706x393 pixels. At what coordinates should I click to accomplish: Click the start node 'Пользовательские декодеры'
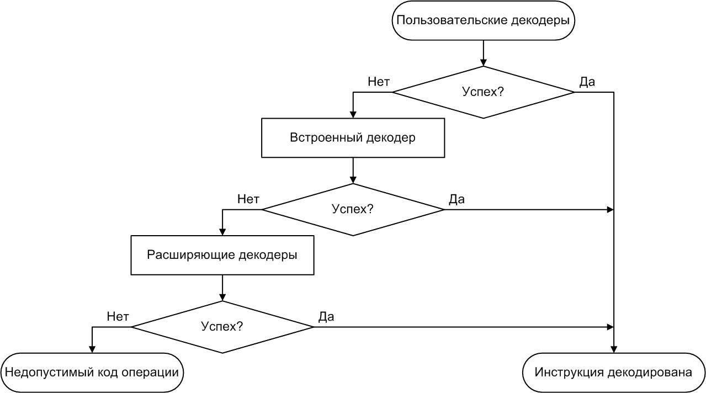483,20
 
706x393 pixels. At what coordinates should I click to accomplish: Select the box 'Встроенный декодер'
353,138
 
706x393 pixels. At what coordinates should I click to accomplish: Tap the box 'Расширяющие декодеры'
222,255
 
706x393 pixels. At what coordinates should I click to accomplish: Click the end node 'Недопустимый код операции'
92,372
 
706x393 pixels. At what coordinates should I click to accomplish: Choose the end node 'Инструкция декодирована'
613,372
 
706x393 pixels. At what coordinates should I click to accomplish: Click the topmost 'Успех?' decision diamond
483,92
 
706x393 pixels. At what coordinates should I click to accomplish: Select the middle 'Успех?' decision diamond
353,209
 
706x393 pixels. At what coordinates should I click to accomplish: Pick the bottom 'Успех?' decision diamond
222,326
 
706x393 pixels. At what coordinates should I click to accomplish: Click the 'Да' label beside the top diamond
587,82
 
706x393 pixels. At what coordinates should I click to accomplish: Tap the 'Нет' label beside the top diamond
379,82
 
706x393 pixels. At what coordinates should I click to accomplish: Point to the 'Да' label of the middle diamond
456,199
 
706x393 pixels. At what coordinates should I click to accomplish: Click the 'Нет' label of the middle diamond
248,199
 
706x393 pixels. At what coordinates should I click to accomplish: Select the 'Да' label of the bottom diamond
326,317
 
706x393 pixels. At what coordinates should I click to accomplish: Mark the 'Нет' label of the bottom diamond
118,317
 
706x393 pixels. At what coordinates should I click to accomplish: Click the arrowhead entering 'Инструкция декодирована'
613,349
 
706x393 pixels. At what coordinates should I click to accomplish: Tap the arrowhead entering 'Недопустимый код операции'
92,349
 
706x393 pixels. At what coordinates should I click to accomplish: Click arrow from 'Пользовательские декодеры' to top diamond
483,53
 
